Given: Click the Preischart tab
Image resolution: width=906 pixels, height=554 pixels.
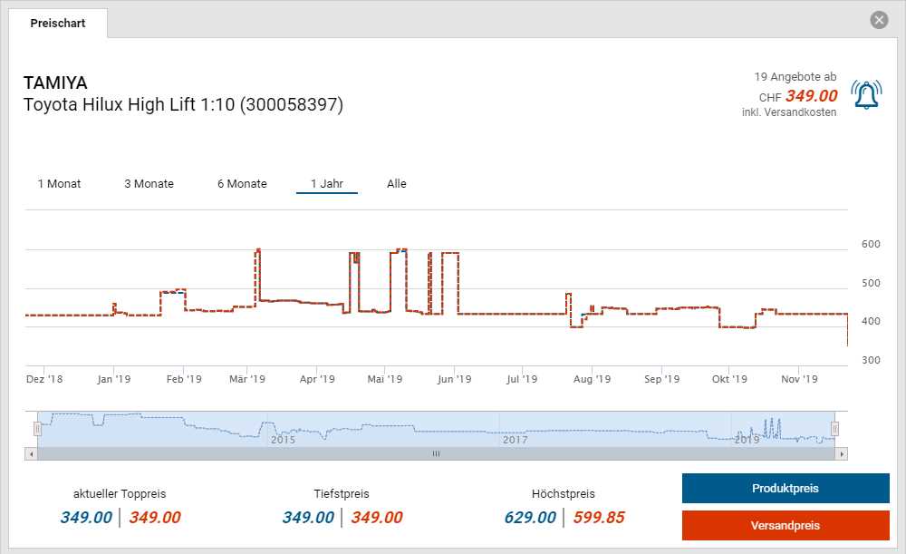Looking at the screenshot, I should (58, 24).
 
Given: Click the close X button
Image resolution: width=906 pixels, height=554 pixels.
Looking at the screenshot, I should (878, 20).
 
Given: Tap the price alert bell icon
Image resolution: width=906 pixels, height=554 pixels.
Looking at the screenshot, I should (866, 94).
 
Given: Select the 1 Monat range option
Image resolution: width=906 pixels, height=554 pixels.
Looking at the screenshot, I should (59, 184).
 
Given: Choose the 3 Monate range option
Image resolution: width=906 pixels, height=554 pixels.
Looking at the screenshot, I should (149, 184).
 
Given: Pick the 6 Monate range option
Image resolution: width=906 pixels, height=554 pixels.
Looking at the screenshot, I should (242, 184).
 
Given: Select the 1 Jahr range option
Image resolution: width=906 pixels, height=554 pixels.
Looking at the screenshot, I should (326, 184).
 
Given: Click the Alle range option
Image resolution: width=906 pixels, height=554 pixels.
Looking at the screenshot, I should (397, 184).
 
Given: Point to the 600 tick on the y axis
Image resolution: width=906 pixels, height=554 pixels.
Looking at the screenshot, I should (871, 244).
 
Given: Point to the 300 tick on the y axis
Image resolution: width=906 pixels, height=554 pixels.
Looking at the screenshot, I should (871, 361).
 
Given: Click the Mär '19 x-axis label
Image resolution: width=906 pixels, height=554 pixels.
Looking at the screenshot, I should (246, 380).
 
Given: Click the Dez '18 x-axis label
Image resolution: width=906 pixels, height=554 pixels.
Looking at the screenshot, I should (44, 380).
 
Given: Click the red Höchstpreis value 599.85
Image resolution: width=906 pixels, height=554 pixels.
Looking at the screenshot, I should (598, 518).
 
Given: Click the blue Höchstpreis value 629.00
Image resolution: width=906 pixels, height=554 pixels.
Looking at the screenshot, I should (530, 518).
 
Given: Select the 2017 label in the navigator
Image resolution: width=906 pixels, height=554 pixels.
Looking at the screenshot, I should (515, 440).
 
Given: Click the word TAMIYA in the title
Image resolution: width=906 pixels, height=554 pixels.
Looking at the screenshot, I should (55, 83).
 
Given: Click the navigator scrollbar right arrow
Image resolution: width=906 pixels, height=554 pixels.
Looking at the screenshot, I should (842, 453).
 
